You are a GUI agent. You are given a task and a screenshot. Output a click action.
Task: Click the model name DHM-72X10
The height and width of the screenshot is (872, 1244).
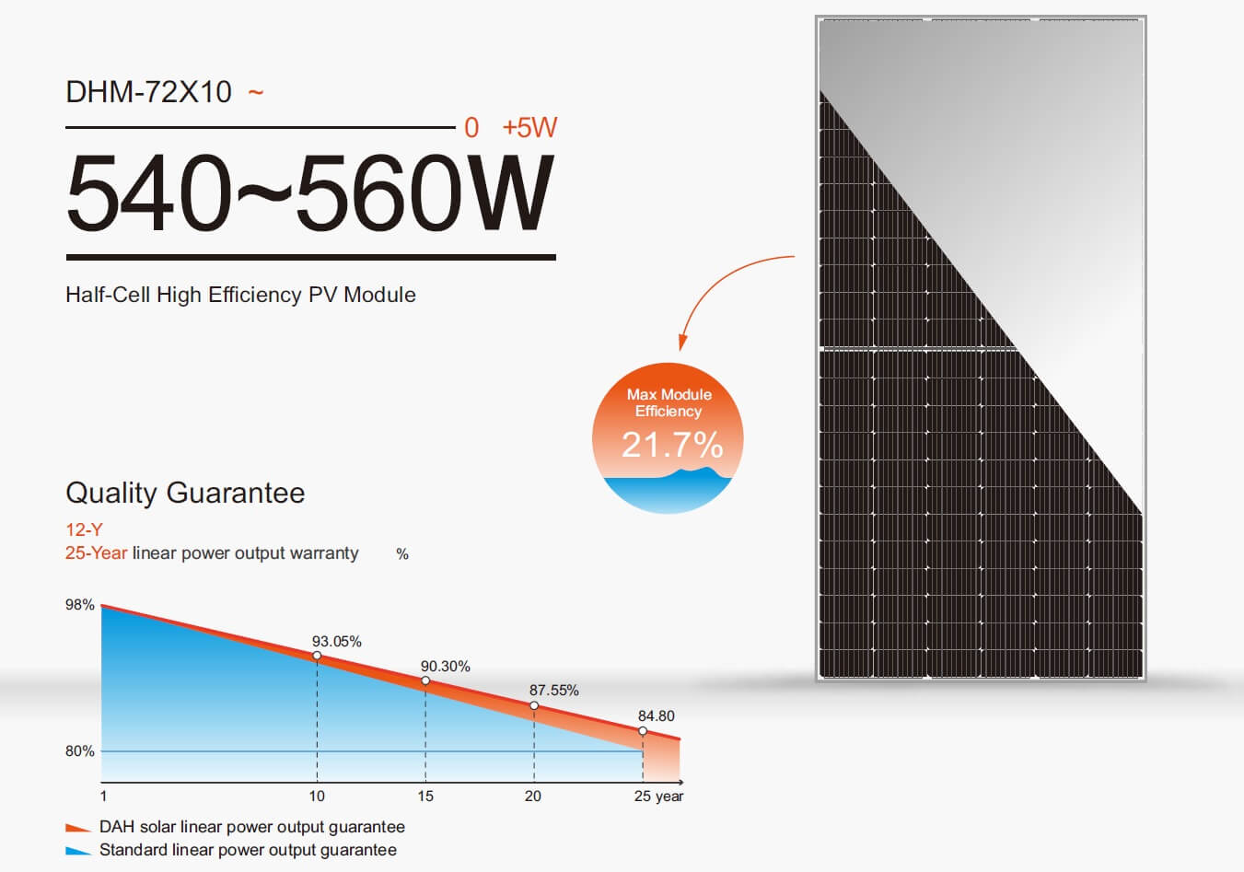click(148, 92)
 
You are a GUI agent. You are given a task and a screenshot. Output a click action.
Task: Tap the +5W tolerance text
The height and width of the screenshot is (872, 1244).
click(529, 128)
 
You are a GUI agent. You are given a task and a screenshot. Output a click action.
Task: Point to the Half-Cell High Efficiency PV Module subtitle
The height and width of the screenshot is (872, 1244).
click(240, 295)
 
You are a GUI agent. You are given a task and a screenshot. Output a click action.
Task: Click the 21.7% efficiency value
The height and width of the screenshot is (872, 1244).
click(672, 445)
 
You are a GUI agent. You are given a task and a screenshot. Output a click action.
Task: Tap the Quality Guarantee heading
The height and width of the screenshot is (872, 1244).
click(185, 493)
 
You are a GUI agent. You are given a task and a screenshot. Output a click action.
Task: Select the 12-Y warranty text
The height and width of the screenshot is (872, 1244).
click(84, 529)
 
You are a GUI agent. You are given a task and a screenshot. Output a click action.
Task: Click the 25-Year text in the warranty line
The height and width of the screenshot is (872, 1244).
click(96, 553)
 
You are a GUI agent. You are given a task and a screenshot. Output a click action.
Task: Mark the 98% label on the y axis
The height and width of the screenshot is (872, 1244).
click(80, 605)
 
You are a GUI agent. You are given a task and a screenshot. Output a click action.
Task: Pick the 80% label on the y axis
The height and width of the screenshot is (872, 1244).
click(80, 751)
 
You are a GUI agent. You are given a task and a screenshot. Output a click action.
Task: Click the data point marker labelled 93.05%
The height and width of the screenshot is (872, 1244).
click(317, 656)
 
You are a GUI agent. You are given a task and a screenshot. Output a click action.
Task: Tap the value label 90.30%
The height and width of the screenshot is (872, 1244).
click(446, 667)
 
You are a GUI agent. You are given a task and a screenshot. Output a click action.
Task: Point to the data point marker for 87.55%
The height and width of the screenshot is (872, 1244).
click(534, 706)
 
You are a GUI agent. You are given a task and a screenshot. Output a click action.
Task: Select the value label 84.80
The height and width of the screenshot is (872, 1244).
click(657, 716)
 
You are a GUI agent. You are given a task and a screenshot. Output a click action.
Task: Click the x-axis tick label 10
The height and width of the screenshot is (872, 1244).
click(317, 796)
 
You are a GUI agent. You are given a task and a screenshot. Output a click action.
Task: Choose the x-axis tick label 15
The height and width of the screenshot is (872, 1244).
click(425, 796)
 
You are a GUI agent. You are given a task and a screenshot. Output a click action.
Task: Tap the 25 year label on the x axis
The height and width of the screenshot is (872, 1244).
click(658, 796)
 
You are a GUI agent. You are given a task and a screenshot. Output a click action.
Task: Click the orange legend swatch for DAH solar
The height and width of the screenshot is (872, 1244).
click(77, 828)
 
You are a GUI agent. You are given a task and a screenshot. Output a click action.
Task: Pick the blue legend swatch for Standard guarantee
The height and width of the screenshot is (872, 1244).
click(77, 851)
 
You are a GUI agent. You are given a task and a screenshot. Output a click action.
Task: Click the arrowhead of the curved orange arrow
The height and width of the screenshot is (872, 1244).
click(682, 343)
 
